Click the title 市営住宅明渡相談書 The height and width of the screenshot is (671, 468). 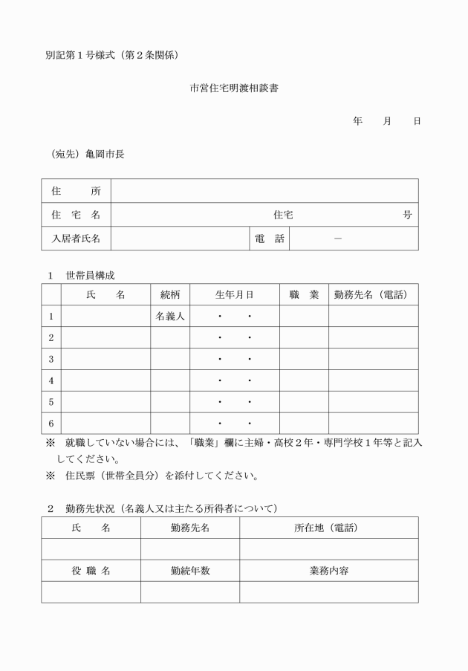pos(234,88)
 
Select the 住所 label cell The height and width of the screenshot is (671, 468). pos(76,191)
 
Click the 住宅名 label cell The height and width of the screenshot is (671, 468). pos(76,215)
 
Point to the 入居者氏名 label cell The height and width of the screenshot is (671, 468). pos(76,239)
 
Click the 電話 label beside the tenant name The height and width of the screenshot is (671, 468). pos(269,239)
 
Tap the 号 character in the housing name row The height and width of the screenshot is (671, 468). pos(407,215)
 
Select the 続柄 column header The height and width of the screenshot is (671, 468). pos(170,294)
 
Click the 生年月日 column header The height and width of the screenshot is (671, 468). pos(235,294)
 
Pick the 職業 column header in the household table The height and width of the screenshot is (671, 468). pos(304,294)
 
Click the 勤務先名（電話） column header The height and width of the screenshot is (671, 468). pos(373,294)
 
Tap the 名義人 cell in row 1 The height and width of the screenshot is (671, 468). pos(170,317)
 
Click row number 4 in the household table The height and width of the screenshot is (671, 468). pos(51,380)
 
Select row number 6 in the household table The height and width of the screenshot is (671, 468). pos(51,424)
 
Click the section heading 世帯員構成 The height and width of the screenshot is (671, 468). pos(90,275)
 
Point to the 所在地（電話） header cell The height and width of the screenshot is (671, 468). pos(328,528)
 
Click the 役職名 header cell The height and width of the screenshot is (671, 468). pos(91,571)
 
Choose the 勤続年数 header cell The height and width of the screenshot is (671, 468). pos(189,571)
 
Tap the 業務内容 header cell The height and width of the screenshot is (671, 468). pos(328,571)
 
